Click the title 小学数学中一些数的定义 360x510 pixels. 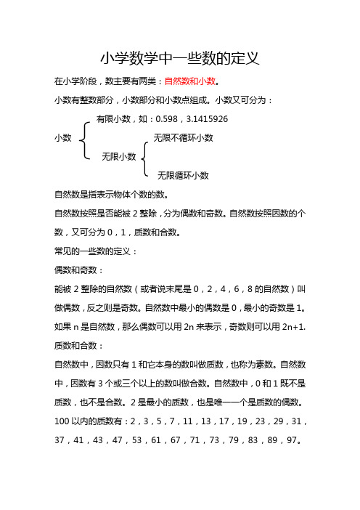[x=180, y=57]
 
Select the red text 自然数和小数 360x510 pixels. [x=192, y=81]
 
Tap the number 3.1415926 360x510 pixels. [x=210, y=118]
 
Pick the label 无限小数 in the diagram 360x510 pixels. [x=118, y=156]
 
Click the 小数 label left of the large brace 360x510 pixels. [x=62, y=137]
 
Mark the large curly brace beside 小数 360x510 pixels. [x=85, y=137]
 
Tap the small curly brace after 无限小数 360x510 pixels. [x=145, y=156]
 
